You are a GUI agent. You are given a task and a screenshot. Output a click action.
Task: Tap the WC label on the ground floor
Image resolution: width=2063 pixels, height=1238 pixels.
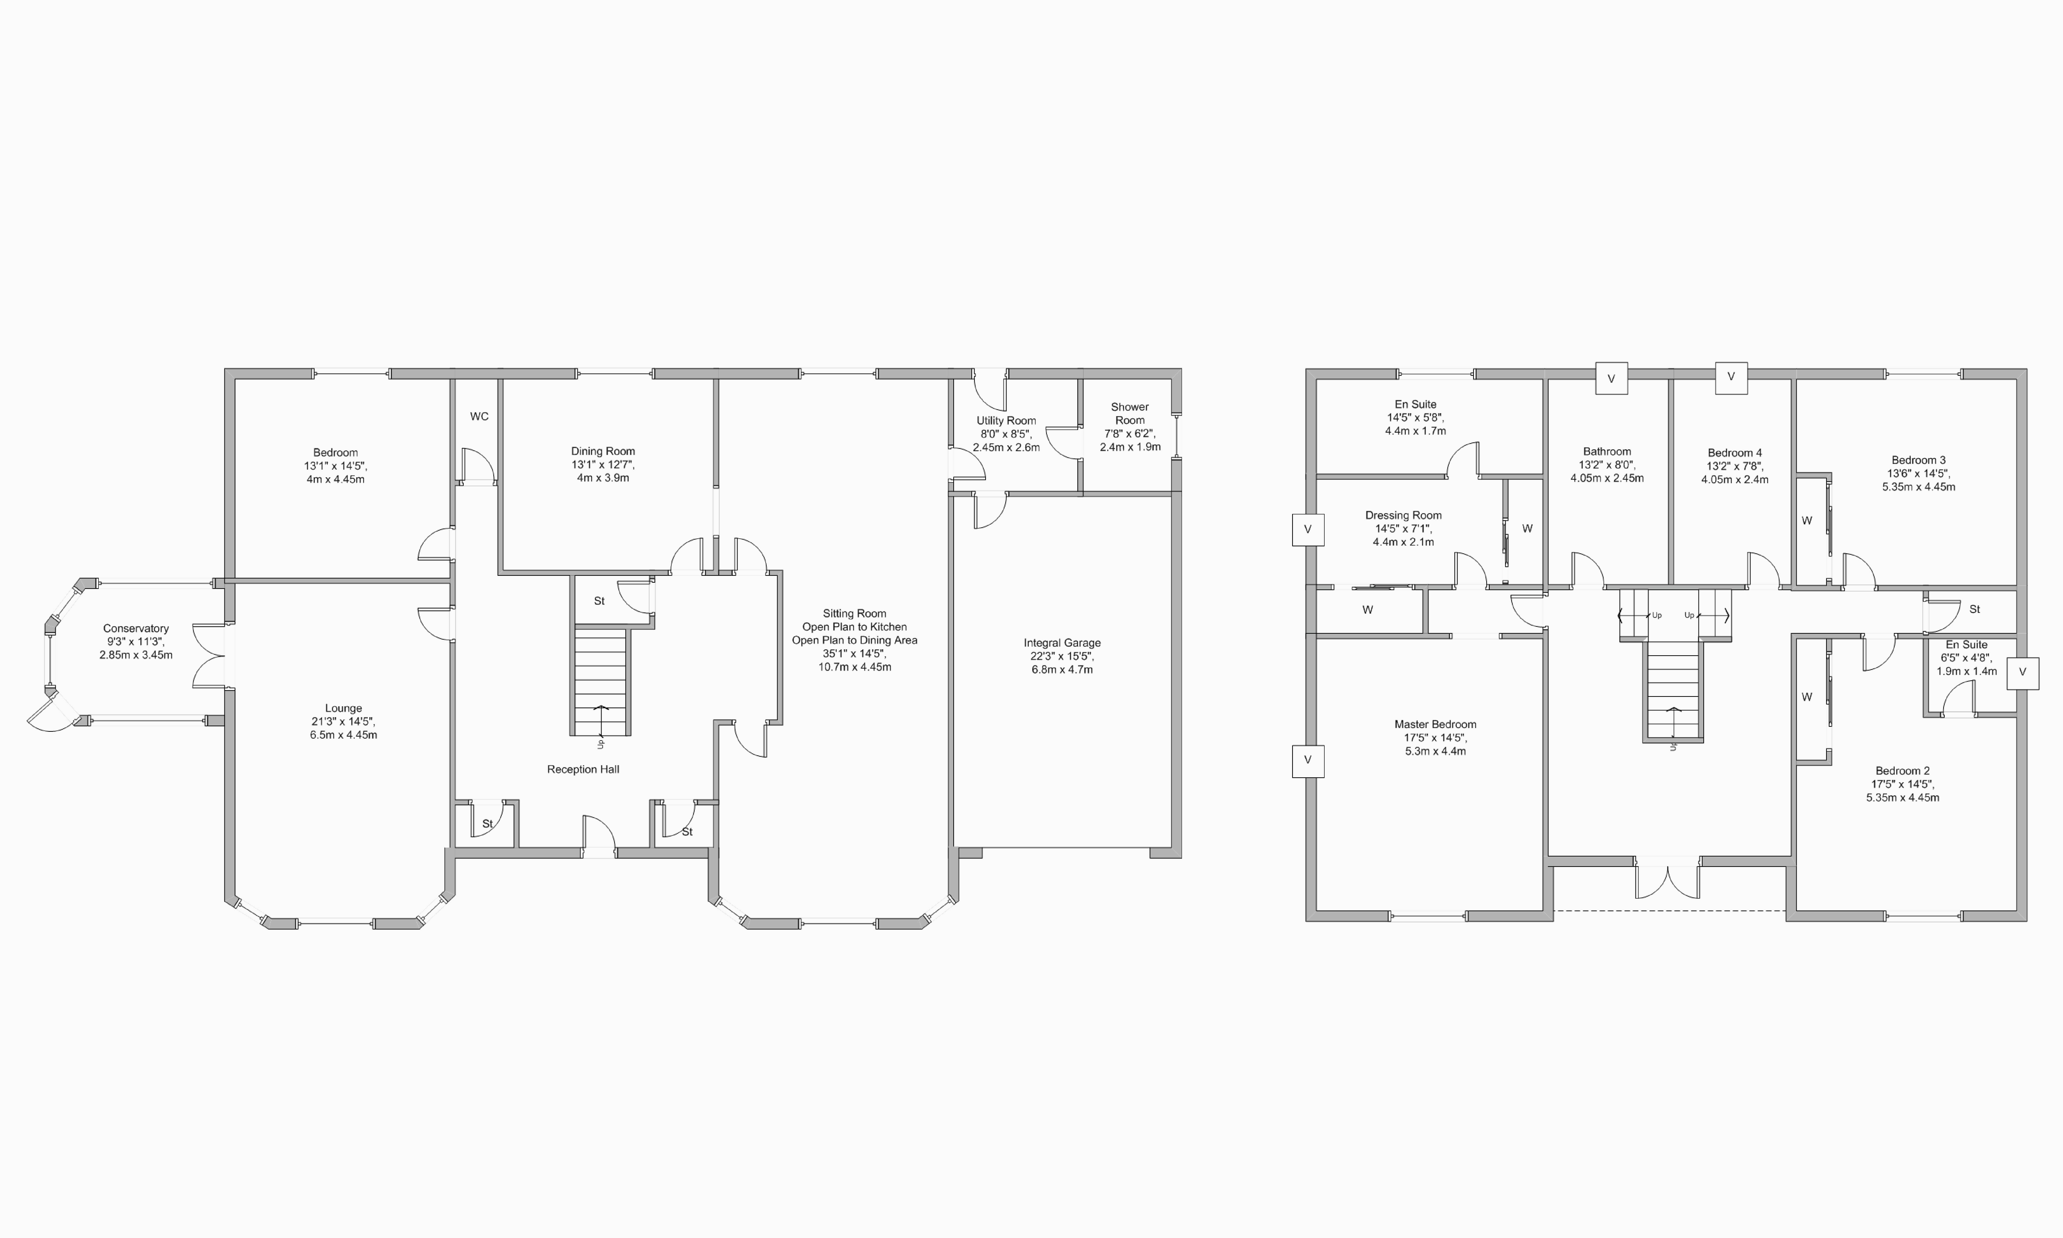(x=479, y=416)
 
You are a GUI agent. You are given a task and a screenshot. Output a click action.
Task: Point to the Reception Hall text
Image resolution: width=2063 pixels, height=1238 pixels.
(x=583, y=769)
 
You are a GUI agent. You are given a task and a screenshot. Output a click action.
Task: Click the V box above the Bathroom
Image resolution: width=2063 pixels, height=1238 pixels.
(x=1611, y=378)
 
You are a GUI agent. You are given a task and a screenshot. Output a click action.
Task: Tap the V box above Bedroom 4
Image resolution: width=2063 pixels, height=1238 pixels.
(x=1731, y=377)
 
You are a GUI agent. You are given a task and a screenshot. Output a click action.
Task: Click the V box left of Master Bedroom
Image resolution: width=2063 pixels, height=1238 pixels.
(x=1308, y=760)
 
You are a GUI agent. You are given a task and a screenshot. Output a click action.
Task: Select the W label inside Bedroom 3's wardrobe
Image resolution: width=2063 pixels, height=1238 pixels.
(x=1807, y=521)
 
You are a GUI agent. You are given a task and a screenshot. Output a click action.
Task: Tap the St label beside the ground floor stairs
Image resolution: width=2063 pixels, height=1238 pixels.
(x=599, y=601)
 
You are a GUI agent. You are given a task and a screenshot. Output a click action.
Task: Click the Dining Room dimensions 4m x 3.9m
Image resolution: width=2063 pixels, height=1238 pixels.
(x=603, y=478)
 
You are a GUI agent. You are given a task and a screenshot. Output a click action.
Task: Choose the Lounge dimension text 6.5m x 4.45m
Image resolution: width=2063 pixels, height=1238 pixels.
(x=344, y=735)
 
